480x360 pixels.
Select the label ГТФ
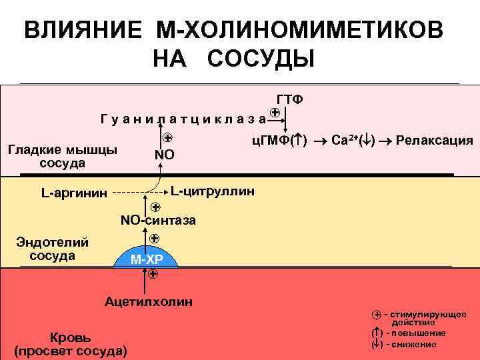[x=289, y=99]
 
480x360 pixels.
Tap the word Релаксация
[x=434, y=141]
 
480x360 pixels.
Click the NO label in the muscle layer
[x=165, y=156]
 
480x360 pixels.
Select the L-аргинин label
[x=73, y=194]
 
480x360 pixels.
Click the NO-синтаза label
[x=158, y=221]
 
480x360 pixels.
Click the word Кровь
[x=71, y=337]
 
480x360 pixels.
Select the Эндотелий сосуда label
[x=52, y=249]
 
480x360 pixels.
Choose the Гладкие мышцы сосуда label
[x=62, y=156]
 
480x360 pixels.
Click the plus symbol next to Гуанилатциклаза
[x=275, y=114]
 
